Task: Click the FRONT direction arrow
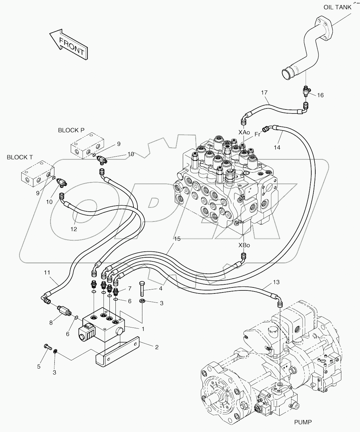tap(68, 44)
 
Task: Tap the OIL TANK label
tap(337, 7)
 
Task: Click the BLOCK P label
tap(71, 130)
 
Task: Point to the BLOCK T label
tap(20, 157)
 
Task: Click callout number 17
tap(264, 92)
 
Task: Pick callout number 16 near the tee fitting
tap(320, 95)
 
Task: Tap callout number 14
tap(277, 147)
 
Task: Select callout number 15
tap(177, 239)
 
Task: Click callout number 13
tap(276, 282)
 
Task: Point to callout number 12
tap(74, 229)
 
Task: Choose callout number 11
tap(47, 273)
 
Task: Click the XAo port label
tap(244, 133)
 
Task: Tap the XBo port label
tap(244, 245)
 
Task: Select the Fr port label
tap(257, 134)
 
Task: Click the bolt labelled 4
tap(142, 289)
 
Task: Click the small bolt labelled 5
tap(48, 347)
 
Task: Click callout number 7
tap(130, 288)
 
